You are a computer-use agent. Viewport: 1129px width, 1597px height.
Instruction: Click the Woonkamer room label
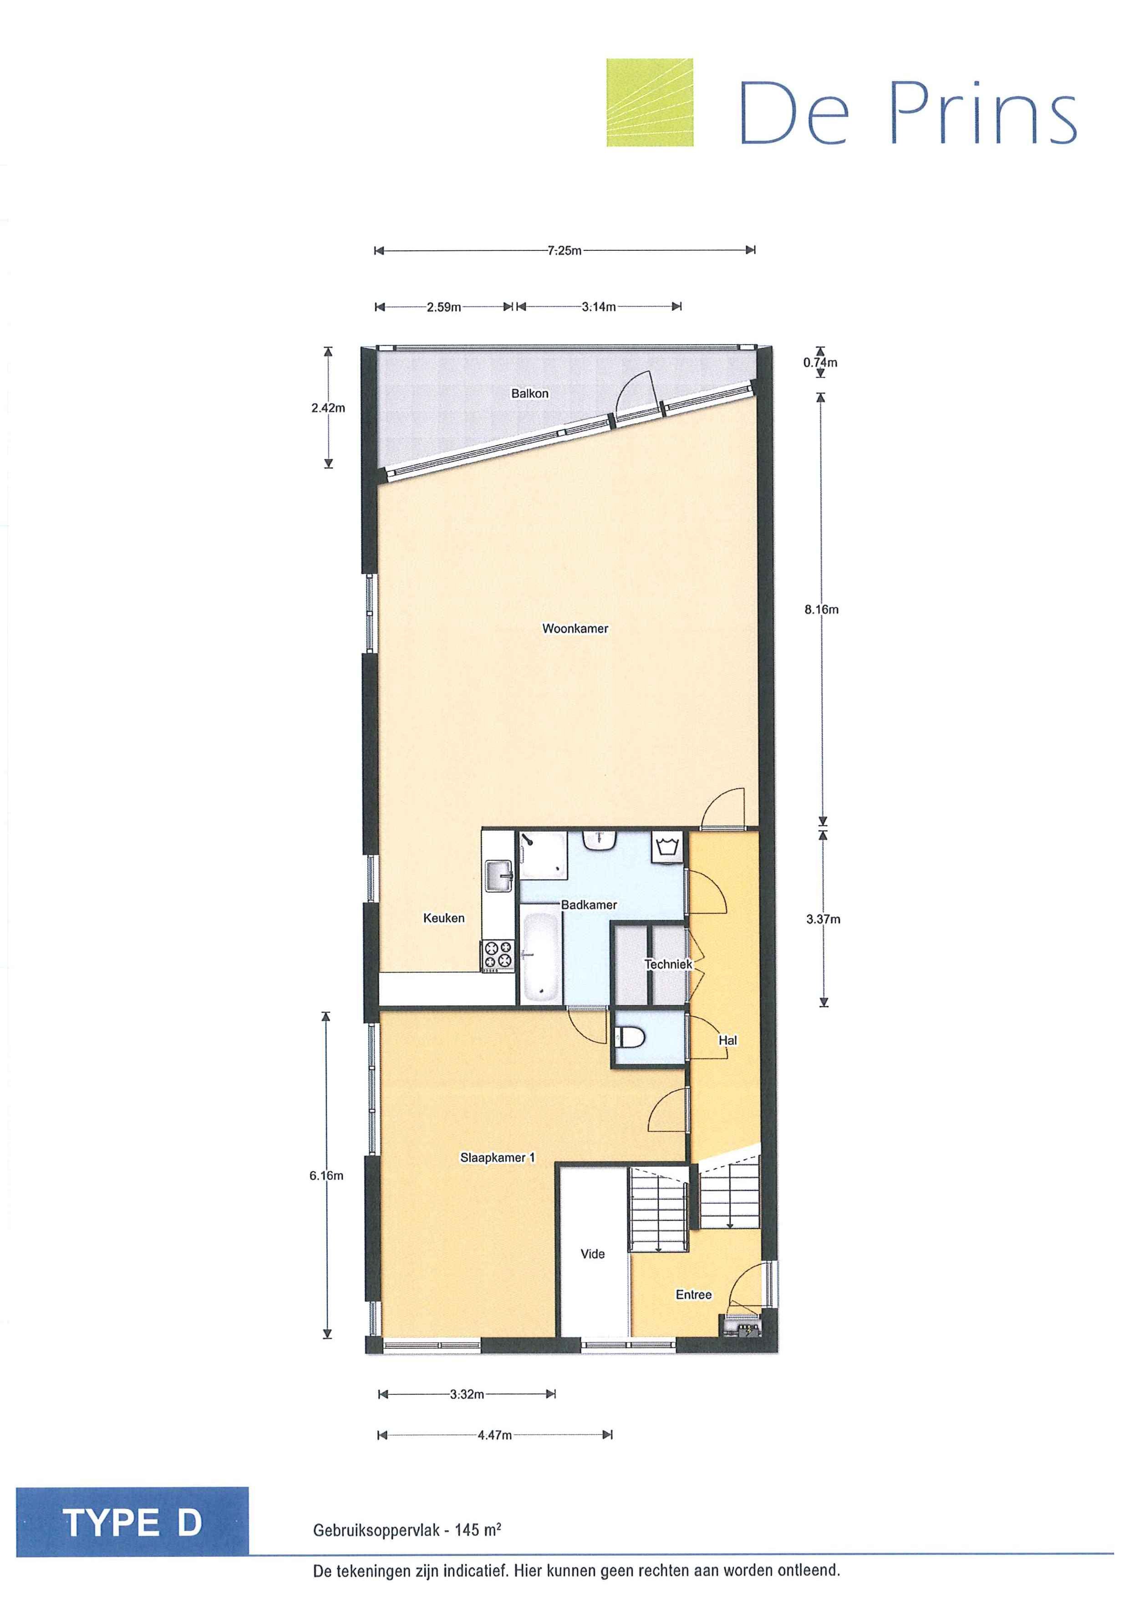coord(575,629)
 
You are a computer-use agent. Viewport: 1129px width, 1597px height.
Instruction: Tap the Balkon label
coord(529,394)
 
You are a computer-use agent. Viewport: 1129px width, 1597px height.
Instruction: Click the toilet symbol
coord(631,1038)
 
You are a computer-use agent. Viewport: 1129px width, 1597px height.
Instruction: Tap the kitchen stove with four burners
coord(498,954)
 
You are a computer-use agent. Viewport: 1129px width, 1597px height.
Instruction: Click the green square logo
coord(650,103)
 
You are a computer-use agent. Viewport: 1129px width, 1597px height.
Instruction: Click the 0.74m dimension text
coord(820,362)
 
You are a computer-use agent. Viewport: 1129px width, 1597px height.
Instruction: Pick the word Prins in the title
coord(983,113)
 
